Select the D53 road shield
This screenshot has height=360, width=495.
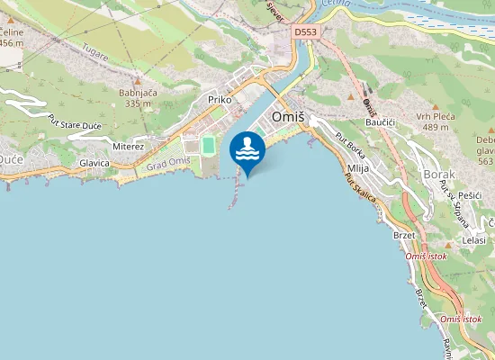point(305,32)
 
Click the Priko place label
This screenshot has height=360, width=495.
point(220,100)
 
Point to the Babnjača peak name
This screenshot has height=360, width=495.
point(139,92)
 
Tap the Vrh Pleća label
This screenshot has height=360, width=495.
point(436,116)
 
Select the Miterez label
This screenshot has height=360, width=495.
point(128,146)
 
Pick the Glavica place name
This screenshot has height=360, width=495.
point(94,163)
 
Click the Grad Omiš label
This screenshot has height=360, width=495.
point(168,161)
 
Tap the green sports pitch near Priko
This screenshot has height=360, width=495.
point(209,145)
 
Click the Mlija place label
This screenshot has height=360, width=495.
point(356,168)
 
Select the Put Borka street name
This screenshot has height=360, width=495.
point(348,147)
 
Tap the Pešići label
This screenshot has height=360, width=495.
point(471,194)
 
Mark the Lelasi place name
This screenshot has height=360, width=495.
point(473,240)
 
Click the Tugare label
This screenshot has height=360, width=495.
point(94,53)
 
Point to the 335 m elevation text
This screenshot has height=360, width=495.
point(139,103)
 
